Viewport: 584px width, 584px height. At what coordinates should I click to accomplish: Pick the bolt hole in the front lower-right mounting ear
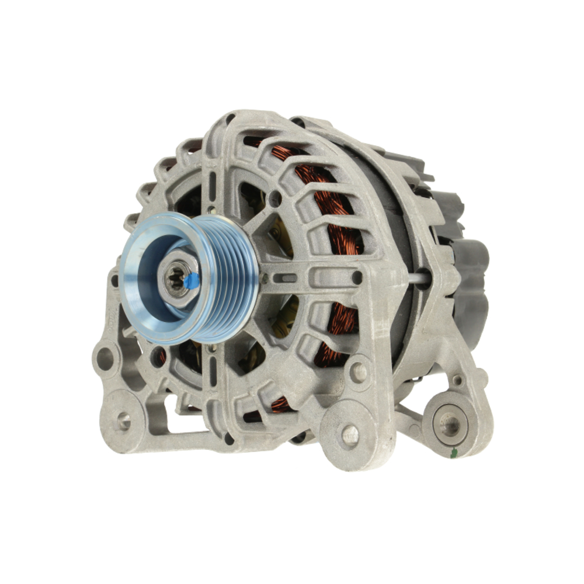pyautogui.click(x=350, y=433)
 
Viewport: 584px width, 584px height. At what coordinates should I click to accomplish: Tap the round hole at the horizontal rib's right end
pyautogui.click(x=356, y=278)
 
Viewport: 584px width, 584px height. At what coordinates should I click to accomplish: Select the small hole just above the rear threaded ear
pyautogui.click(x=457, y=380)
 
